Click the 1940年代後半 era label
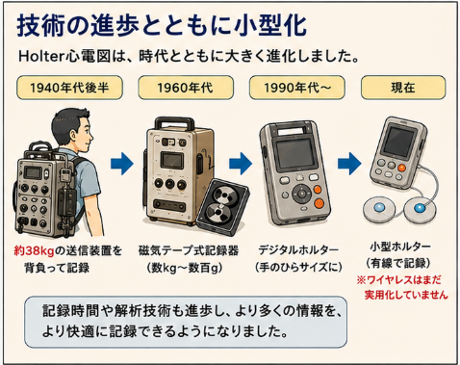(x=69, y=88)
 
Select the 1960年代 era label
(x=186, y=88)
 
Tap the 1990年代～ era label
(x=297, y=88)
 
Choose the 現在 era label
(x=403, y=88)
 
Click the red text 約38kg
(x=34, y=250)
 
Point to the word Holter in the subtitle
(x=41, y=57)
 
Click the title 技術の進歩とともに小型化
(x=162, y=26)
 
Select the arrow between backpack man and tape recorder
(x=122, y=164)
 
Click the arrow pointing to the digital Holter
(x=241, y=164)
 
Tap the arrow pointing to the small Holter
(x=349, y=164)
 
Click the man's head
(x=72, y=130)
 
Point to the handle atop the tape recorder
(x=174, y=123)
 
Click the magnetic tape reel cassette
(x=223, y=207)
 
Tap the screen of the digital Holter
(x=295, y=152)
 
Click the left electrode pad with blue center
(x=379, y=209)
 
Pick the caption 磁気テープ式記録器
(x=189, y=250)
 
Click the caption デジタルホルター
(x=298, y=250)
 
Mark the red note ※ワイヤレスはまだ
(x=399, y=280)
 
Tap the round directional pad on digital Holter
(x=301, y=194)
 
